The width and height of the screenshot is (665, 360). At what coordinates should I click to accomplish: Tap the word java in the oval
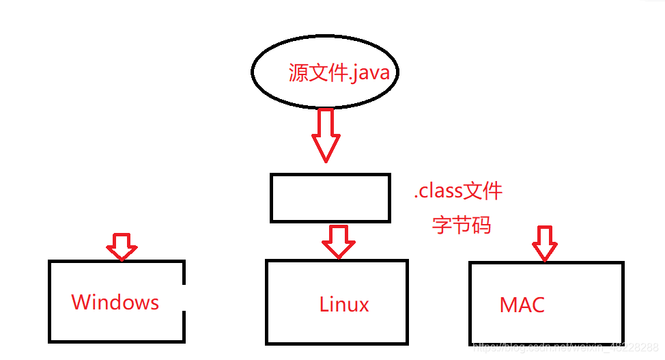tap(372, 72)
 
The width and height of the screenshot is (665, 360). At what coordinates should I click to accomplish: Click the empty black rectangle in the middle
tap(330, 197)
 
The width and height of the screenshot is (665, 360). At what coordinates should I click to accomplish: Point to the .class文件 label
tap(458, 191)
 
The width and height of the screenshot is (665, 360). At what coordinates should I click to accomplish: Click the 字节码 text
tap(462, 225)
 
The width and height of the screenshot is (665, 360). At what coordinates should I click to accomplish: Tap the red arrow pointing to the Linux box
tap(339, 241)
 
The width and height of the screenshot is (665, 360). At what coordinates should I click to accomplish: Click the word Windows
tap(115, 302)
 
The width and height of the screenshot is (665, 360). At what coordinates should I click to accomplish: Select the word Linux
tap(344, 304)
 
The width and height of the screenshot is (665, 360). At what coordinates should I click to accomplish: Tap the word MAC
tap(522, 305)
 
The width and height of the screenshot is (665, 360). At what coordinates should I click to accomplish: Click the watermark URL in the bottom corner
tap(566, 348)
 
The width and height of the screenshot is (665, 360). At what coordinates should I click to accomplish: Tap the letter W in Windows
tap(80, 302)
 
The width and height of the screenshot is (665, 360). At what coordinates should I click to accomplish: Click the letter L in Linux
tap(324, 304)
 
